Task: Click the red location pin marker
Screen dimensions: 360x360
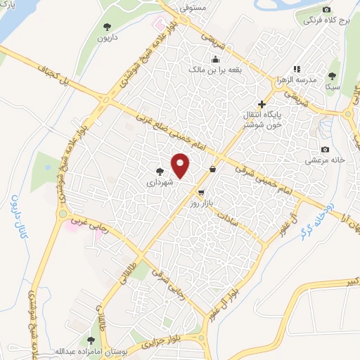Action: point(181,166)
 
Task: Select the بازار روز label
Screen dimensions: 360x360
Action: point(201,202)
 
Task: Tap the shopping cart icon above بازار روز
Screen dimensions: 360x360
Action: point(202,192)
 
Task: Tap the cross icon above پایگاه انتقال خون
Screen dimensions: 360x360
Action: point(262,103)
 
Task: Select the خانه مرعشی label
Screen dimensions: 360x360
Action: point(324,160)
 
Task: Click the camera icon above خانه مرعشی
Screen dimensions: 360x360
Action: point(325,149)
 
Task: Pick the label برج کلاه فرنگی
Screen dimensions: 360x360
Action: point(327,20)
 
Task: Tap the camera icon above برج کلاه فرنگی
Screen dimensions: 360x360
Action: point(326,9)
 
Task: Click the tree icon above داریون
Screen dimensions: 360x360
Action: point(107,27)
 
